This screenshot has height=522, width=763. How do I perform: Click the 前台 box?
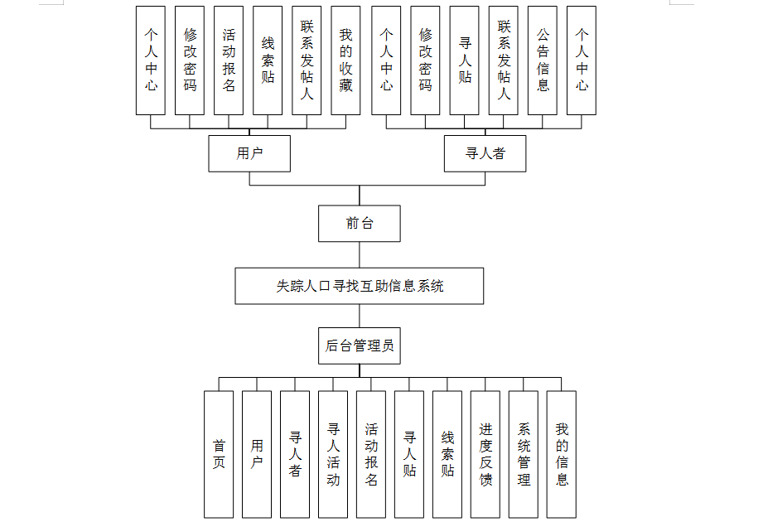point(359,224)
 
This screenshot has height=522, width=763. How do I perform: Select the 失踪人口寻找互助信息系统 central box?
point(359,286)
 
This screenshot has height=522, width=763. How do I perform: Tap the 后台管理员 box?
point(359,346)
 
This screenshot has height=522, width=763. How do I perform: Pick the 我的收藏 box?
point(345,60)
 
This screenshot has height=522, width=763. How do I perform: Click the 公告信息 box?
point(543,60)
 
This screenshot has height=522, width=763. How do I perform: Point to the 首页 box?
point(219,454)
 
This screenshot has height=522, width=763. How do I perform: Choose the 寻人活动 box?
point(333,454)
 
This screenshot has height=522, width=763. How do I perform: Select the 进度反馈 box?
point(485,454)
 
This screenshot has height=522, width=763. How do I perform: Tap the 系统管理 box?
point(524,454)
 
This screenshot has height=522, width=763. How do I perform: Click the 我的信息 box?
point(562,454)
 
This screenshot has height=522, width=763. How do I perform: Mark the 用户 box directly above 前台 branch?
point(249,153)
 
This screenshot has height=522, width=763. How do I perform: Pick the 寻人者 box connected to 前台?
point(485,153)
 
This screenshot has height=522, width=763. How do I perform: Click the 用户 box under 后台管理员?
point(257,454)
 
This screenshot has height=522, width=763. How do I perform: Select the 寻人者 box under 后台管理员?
point(295,454)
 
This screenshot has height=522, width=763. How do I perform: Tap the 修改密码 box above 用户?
point(190,60)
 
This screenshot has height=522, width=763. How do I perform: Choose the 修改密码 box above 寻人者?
point(425,60)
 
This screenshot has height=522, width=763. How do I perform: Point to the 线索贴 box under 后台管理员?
point(447,454)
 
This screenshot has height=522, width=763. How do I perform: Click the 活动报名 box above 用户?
point(229,60)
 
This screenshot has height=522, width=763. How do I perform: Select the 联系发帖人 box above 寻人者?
point(504,60)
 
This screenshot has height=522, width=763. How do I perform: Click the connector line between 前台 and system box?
point(360,254)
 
